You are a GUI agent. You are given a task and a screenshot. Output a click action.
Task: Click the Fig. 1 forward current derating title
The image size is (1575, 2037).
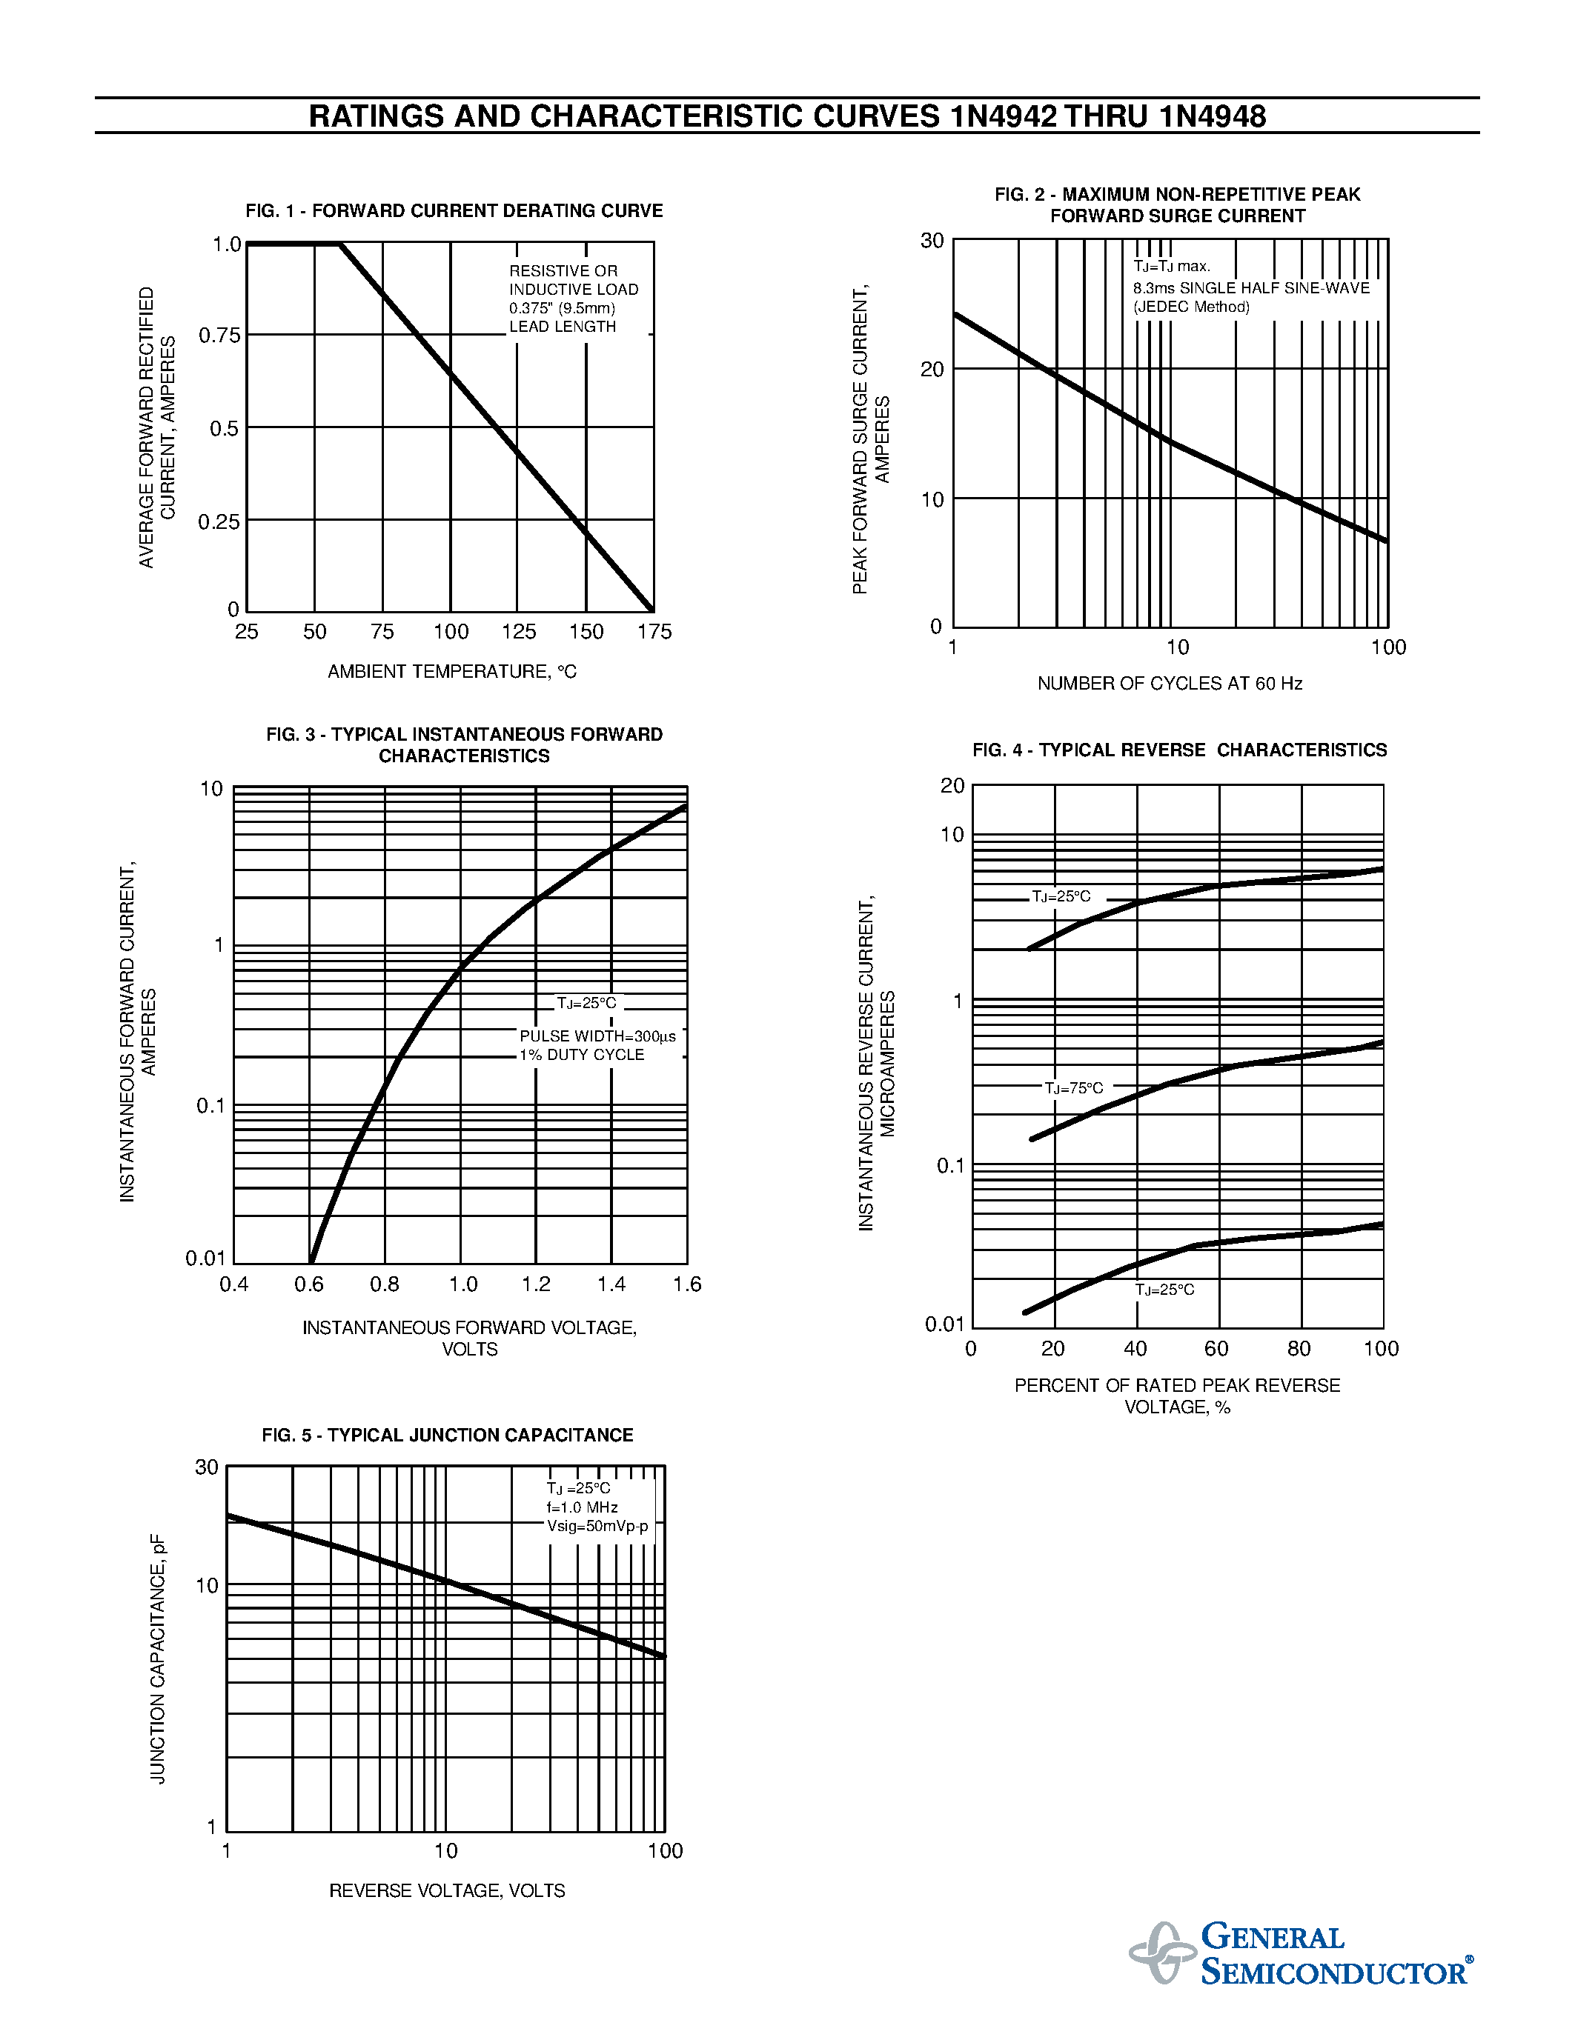pos(454,211)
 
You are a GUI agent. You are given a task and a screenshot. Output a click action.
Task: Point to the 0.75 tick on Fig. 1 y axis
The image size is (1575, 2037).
pos(219,336)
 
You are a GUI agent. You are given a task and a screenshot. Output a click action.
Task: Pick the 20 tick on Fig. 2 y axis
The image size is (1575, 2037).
pos(932,370)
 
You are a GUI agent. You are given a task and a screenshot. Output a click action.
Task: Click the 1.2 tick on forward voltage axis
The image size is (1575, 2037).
pos(537,1284)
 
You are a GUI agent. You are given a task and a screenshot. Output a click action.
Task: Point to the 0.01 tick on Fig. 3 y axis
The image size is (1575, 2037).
pos(205,1259)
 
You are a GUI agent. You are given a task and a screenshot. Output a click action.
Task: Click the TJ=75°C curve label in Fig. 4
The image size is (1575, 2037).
pos(1073,1088)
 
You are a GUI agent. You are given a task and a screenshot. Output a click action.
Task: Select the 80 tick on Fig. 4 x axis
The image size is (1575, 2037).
pos(1299,1349)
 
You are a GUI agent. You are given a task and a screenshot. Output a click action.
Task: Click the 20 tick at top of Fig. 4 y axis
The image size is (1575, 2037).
pos(952,786)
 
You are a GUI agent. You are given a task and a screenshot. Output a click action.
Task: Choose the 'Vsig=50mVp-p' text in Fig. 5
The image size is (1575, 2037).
pos(597,1526)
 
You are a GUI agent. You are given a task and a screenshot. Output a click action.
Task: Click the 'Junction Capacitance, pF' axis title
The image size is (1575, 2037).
pos(158,1659)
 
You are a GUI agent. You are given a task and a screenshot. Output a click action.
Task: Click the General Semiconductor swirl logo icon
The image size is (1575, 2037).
pos(1161,1951)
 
